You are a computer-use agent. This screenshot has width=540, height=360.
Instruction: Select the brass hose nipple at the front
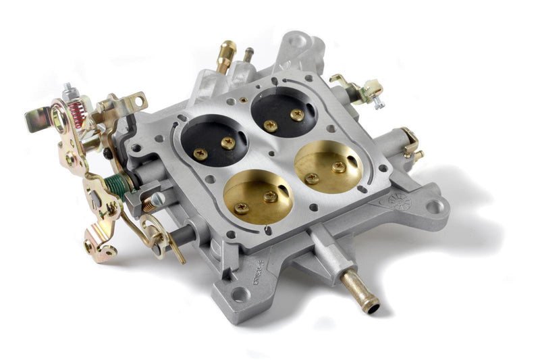point(359,291)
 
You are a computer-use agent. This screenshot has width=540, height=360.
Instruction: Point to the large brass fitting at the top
point(227,55)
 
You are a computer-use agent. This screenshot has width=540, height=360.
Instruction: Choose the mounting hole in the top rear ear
point(296,42)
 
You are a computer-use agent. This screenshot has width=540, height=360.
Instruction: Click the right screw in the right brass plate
point(339,166)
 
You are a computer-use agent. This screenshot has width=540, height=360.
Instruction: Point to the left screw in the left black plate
point(200,154)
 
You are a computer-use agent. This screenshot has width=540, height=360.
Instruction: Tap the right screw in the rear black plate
point(297,115)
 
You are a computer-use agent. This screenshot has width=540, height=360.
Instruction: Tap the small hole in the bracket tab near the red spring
point(138,101)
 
